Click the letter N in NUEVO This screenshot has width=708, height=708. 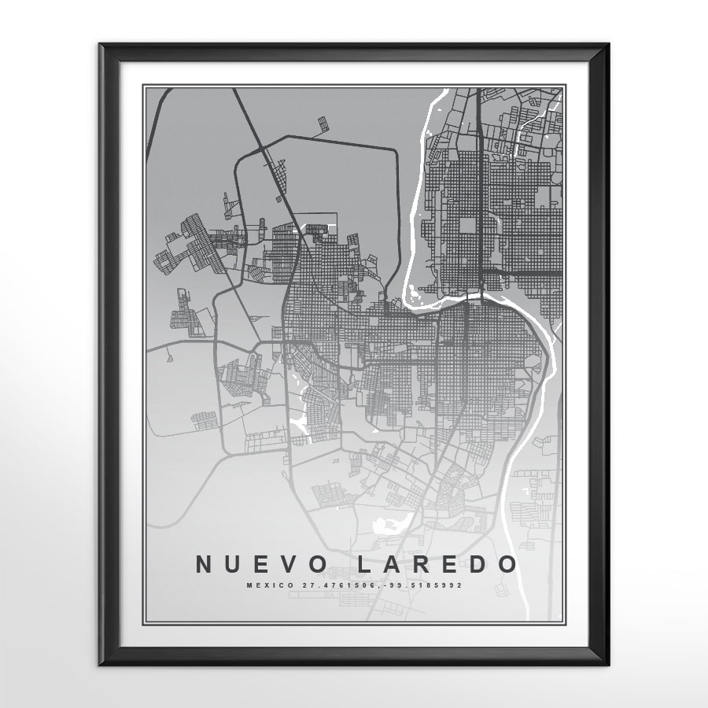coord(205,564)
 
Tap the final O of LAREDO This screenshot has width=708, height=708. coord(509,564)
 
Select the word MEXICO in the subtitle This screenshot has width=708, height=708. coord(263,585)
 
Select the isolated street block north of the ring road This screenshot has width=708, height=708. coord(323,124)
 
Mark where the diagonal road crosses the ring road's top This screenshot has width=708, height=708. coord(264,147)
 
